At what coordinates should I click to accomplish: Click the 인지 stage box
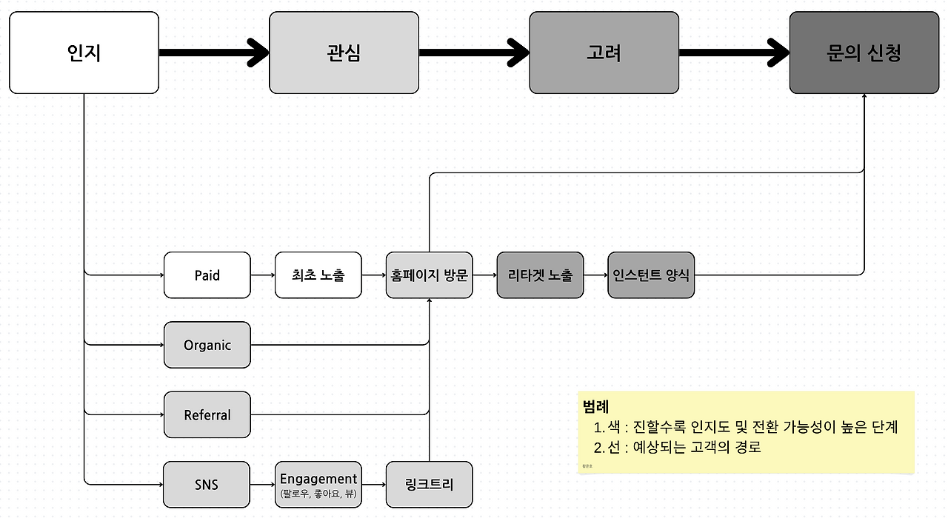click(84, 53)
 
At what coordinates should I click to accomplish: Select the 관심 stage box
click(344, 53)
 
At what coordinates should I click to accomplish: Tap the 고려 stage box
click(604, 53)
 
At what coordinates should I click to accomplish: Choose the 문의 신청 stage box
click(864, 53)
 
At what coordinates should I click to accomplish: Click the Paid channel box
click(207, 275)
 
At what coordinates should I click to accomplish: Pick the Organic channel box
click(207, 345)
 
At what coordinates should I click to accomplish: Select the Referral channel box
click(207, 415)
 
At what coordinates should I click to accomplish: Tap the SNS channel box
click(207, 485)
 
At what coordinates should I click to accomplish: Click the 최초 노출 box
click(318, 275)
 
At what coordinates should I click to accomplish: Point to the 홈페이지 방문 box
click(429, 275)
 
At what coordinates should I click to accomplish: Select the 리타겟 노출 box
click(540, 275)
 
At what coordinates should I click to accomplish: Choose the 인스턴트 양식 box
click(651, 275)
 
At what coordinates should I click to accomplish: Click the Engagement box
click(318, 485)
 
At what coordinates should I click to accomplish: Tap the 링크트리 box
click(429, 485)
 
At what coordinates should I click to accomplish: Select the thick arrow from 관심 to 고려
click(474, 53)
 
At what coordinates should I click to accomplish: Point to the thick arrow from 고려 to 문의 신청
click(734, 53)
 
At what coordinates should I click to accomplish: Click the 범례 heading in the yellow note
click(596, 406)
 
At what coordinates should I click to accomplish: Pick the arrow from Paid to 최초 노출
click(263, 275)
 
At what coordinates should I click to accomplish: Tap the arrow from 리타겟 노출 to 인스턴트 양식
click(595, 275)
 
